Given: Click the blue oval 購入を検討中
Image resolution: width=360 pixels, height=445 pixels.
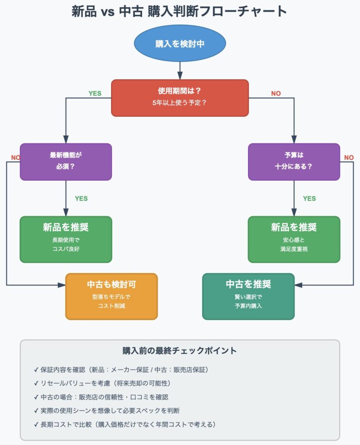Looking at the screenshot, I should [x=180, y=43].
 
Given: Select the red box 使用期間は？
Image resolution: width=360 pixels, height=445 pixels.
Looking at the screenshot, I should [x=180, y=98].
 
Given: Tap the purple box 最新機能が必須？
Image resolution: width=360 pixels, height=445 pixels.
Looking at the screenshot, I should [x=66, y=162].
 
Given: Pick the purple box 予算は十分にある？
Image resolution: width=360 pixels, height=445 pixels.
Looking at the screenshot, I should [x=294, y=162].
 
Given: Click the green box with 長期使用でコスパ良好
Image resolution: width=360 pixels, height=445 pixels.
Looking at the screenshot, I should [x=66, y=239].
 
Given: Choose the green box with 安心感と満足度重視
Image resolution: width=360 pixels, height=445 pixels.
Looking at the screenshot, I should [x=294, y=239].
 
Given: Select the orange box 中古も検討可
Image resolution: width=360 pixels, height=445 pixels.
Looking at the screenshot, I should [x=112, y=296].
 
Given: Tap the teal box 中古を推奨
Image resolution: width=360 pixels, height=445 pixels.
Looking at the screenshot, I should [x=248, y=296].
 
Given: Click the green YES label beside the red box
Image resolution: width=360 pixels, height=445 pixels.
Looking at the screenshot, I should [x=95, y=93].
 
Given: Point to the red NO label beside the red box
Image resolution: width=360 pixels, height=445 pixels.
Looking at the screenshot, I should [x=276, y=93].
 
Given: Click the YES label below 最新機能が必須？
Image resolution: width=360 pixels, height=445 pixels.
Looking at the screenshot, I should [x=81, y=199].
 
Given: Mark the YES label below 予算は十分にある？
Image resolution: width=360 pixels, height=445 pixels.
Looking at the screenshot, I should [x=309, y=199].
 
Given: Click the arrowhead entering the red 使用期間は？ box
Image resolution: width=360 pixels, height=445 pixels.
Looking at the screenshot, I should [x=180, y=76].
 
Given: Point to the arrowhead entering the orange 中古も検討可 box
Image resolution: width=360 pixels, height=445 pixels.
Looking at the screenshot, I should [x=62, y=285].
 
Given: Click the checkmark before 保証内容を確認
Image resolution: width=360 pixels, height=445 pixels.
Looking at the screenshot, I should [x=36, y=370].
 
